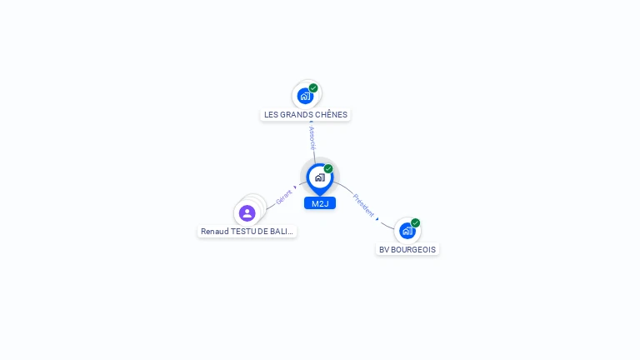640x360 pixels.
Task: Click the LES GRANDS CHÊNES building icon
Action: (305, 96)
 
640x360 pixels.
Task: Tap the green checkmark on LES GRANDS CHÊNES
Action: (313, 87)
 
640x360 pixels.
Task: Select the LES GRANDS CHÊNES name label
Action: (306, 115)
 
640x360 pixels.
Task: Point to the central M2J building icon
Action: (319, 177)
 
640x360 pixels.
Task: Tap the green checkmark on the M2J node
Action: (328, 168)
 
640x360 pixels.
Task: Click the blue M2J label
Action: (319, 203)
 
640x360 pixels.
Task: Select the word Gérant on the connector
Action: (284, 197)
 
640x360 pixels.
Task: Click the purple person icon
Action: (247, 212)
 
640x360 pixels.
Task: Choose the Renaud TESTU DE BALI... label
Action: (247, 231)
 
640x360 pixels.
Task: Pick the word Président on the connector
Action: (363, 205)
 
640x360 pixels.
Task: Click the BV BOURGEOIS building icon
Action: (407, 231)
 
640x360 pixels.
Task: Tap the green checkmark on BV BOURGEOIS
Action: (415, 222)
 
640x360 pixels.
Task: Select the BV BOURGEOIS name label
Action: (407, 249)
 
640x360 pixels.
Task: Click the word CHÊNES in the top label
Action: (332, 115)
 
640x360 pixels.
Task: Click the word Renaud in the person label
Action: (214, 231)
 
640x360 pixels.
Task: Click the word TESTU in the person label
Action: (242, 231)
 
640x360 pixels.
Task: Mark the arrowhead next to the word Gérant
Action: (295, 188)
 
